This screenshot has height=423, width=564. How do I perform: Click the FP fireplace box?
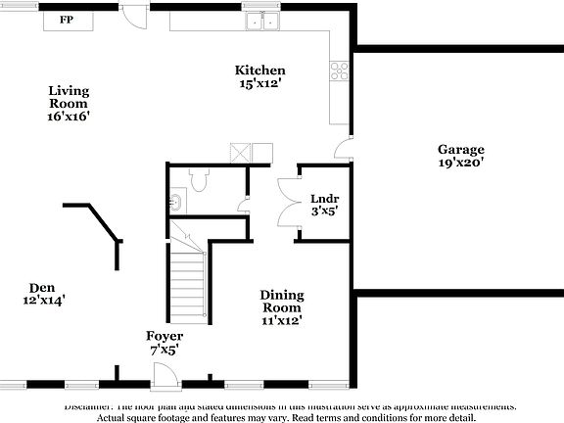point(67,20)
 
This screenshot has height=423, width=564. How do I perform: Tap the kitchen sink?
point(261,21)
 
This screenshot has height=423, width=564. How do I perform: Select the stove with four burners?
point(341,70)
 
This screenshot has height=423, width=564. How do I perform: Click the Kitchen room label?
point(259,70)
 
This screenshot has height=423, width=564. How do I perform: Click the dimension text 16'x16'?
point(69,116)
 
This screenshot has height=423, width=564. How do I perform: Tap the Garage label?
point(460,149)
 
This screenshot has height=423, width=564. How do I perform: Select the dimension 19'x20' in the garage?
point(460,164)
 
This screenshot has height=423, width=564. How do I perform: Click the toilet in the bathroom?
point(199,178)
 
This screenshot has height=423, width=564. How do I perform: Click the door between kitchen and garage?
point(343,149)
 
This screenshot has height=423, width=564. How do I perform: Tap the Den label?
point(40,288)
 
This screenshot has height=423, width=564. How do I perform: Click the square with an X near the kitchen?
point(241,152)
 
